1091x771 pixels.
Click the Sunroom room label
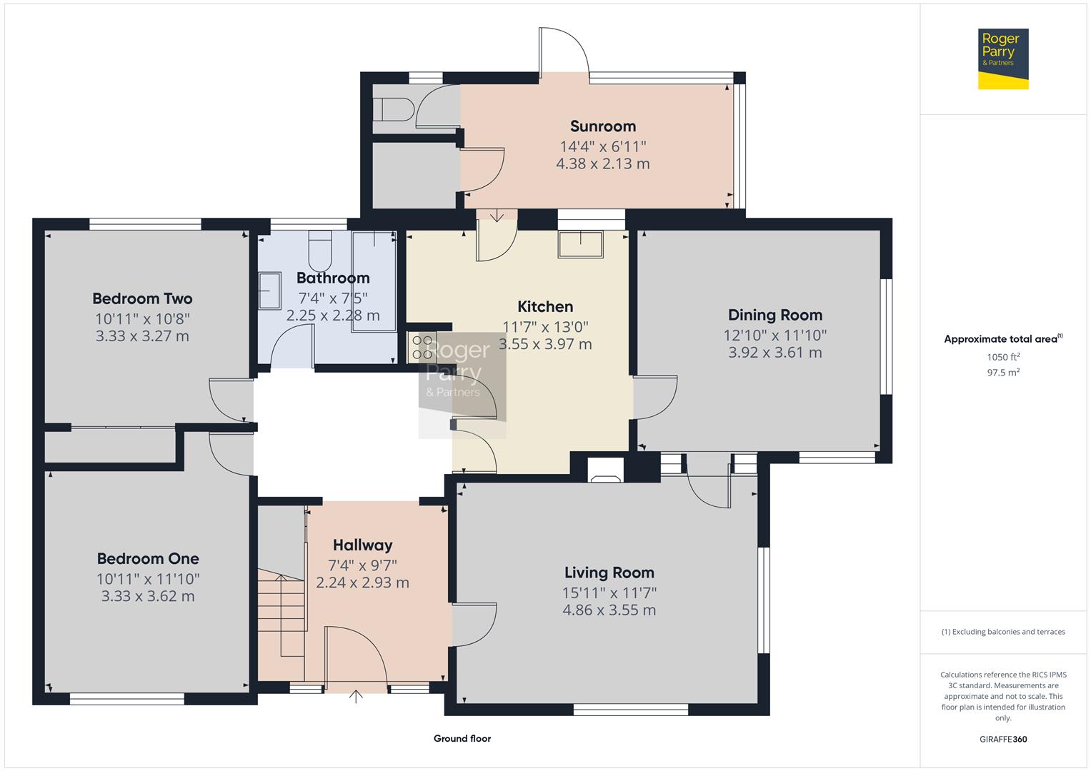[x=603, y=126]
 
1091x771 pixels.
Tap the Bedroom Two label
[x=142, y=298]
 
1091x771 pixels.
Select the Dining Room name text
[x=775, y=315]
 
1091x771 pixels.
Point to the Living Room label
[x=609, y=573]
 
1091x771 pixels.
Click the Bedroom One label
[x=148, y=558]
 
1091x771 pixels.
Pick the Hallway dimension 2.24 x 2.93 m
[x=362, y=583]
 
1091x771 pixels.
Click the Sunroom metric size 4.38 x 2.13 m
[x=603, y=163]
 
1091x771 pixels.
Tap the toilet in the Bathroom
[x=320, y=251]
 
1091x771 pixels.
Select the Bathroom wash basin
[x=269, y=291]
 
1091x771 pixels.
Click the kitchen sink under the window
[x=581, y=244]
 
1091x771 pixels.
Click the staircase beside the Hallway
[x=282, y=613]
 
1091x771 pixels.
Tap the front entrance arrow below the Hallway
[x=356, y=697]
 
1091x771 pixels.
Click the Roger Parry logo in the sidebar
[x=1003, y=59]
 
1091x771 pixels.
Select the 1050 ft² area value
[x=1003, y=357]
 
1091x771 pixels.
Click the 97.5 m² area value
[x=1003, y=373]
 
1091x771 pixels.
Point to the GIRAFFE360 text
[x=1003, y=739]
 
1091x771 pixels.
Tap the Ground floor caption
[x=462, y=738]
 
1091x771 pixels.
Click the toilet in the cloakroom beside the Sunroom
[x=394, y=109]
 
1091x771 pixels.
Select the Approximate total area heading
[x=1003, y=339]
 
